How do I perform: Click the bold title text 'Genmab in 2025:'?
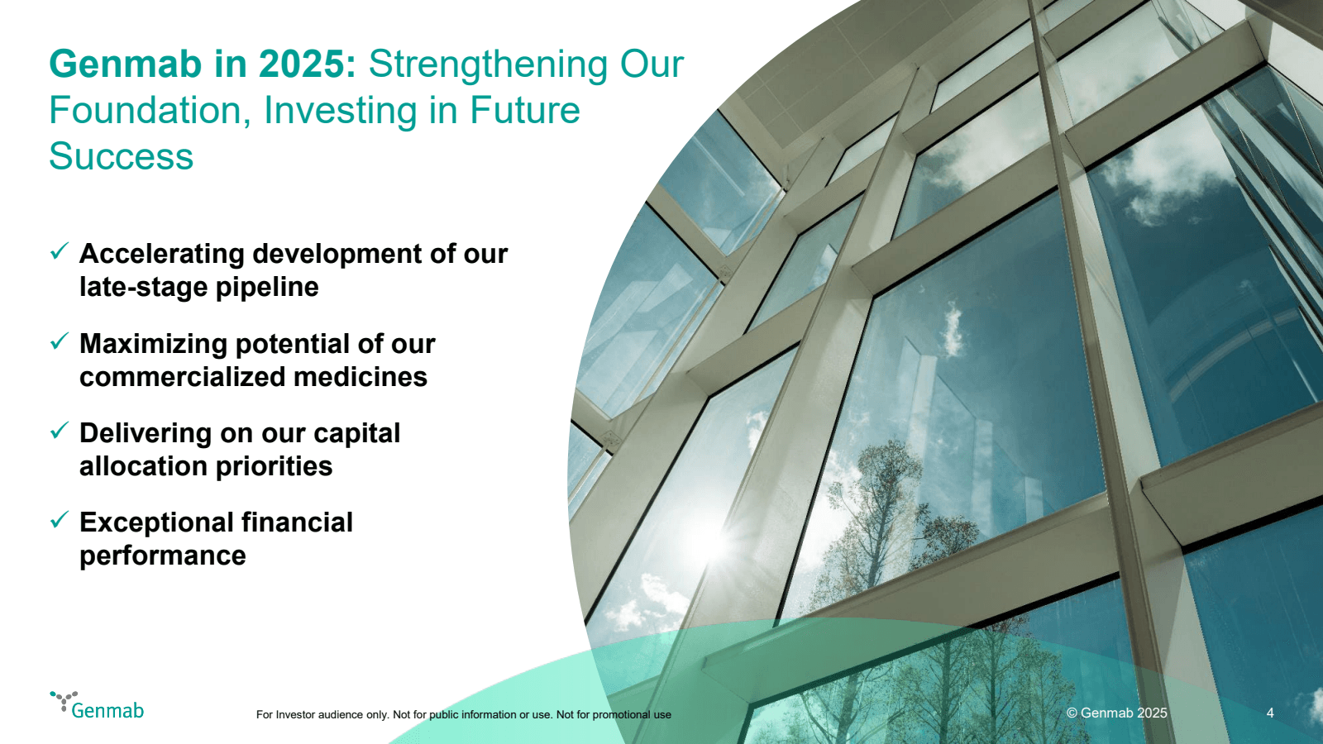203,64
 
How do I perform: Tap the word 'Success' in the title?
121,156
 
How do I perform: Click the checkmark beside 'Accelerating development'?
60,251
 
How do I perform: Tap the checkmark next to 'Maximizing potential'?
60,341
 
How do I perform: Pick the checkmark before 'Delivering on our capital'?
60,431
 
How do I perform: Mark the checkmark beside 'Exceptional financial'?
60,520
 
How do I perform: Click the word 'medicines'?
361,377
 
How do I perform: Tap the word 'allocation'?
143,466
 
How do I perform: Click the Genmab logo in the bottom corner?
97,705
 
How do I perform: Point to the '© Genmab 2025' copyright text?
1117,713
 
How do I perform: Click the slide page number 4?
1270,713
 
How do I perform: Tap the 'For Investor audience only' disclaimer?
464,714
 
